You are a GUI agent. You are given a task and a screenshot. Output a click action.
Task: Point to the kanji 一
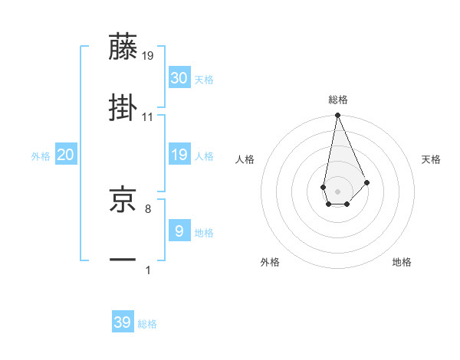pyautogui.click(x=123, y=260)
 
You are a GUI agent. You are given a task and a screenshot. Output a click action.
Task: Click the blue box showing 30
pyautogui.click(x=179, y=78)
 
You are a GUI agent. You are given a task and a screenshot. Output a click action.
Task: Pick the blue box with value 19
pyautogui.click(x=179, y=155)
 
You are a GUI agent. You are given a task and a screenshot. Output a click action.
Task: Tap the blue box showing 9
pyautogui.click(x=179, y=231)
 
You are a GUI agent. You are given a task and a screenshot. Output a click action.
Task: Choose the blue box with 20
pyautogui.click(x=65, y=155)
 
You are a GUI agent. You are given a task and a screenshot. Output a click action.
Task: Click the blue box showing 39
pyautogui.click(x=123, y=322)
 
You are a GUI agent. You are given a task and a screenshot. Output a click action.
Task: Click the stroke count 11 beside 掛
pyautogui.click(x=148, y=117)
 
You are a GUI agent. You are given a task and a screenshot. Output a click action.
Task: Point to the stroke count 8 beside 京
pyautogui.click(x=148, y=208)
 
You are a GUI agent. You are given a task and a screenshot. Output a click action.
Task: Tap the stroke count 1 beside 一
pyautogui.click(x=148, y=270)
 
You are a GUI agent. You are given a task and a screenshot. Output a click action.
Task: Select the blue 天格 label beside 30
pyautogui.click(x=204, y=80)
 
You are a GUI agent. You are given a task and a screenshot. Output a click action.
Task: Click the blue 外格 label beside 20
pyautogui.click(x=41, y=156)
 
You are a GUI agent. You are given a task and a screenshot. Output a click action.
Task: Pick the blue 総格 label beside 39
pyautogui.click(x=147, y=324)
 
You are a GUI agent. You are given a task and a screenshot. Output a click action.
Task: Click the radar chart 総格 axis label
pyautogui.click(x=338, y=100)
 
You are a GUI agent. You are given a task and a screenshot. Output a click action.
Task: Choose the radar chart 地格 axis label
pyautogui.click(x=402, y=262)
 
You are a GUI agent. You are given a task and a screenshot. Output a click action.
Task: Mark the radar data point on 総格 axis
pyautogui.click(x=337, y=116)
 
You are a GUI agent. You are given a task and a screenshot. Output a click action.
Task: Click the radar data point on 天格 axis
pyautogui.click(x=367, y=182)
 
